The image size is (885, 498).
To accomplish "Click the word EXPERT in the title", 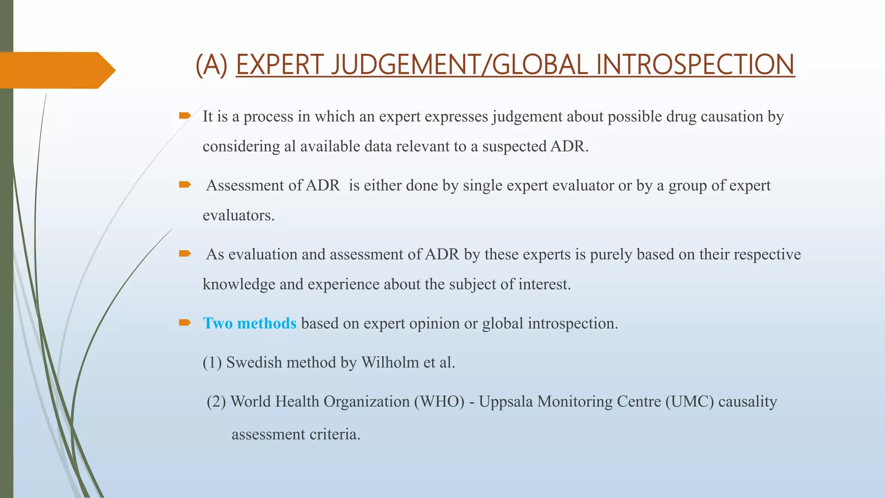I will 279,65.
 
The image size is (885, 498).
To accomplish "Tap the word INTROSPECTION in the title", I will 695,65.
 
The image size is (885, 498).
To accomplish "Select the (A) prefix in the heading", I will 211,65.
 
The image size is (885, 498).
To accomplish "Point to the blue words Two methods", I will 249,323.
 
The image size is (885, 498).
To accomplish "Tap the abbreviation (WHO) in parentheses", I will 439,402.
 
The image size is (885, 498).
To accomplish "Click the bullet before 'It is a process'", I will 185,115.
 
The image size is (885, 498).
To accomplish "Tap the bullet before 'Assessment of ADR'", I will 185,185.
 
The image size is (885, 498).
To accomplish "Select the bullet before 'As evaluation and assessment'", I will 185,253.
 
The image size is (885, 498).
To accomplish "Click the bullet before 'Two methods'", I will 185,322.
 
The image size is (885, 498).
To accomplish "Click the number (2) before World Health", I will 216,402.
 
